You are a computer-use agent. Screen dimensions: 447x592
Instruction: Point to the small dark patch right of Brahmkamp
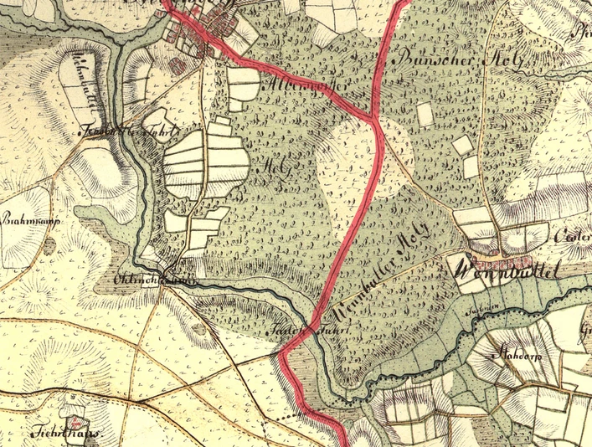[x=51, y=244]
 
